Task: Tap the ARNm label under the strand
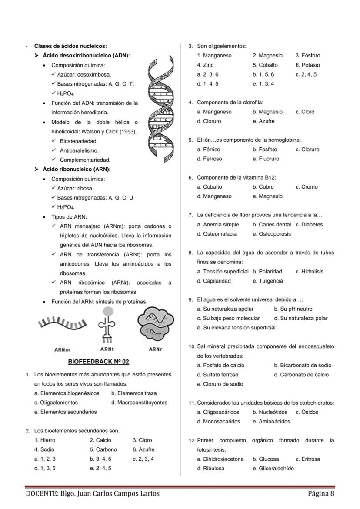click(63, 349)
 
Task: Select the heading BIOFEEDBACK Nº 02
click(99, 362)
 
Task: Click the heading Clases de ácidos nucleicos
click(70, 46)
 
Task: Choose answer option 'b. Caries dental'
click(272, 225)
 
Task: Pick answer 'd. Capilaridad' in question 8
click(214, 281)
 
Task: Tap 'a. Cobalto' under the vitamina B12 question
click(210, 187)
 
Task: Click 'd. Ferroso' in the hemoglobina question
click(210, 159)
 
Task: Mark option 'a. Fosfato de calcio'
click(221, 366)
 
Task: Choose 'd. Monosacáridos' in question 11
click(219, 421)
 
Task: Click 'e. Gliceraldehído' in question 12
click(273, 468)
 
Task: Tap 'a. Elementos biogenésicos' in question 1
click(67, 393)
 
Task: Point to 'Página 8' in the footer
click(321, 493)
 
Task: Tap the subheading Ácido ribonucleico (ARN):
click(77, 169)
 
